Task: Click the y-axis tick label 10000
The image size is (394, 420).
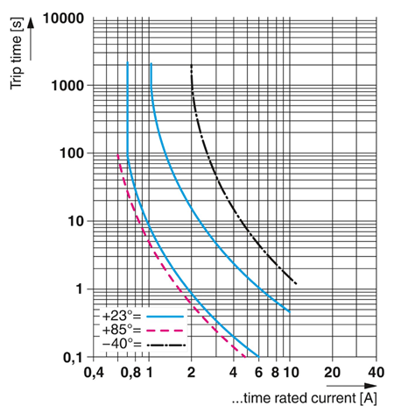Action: click(x=63, y=18)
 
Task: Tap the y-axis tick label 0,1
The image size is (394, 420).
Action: click(x=72, y=358)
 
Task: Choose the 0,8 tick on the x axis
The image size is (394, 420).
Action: click(x=130, y=372)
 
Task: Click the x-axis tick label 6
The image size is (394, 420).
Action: click(x=258, y=372)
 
